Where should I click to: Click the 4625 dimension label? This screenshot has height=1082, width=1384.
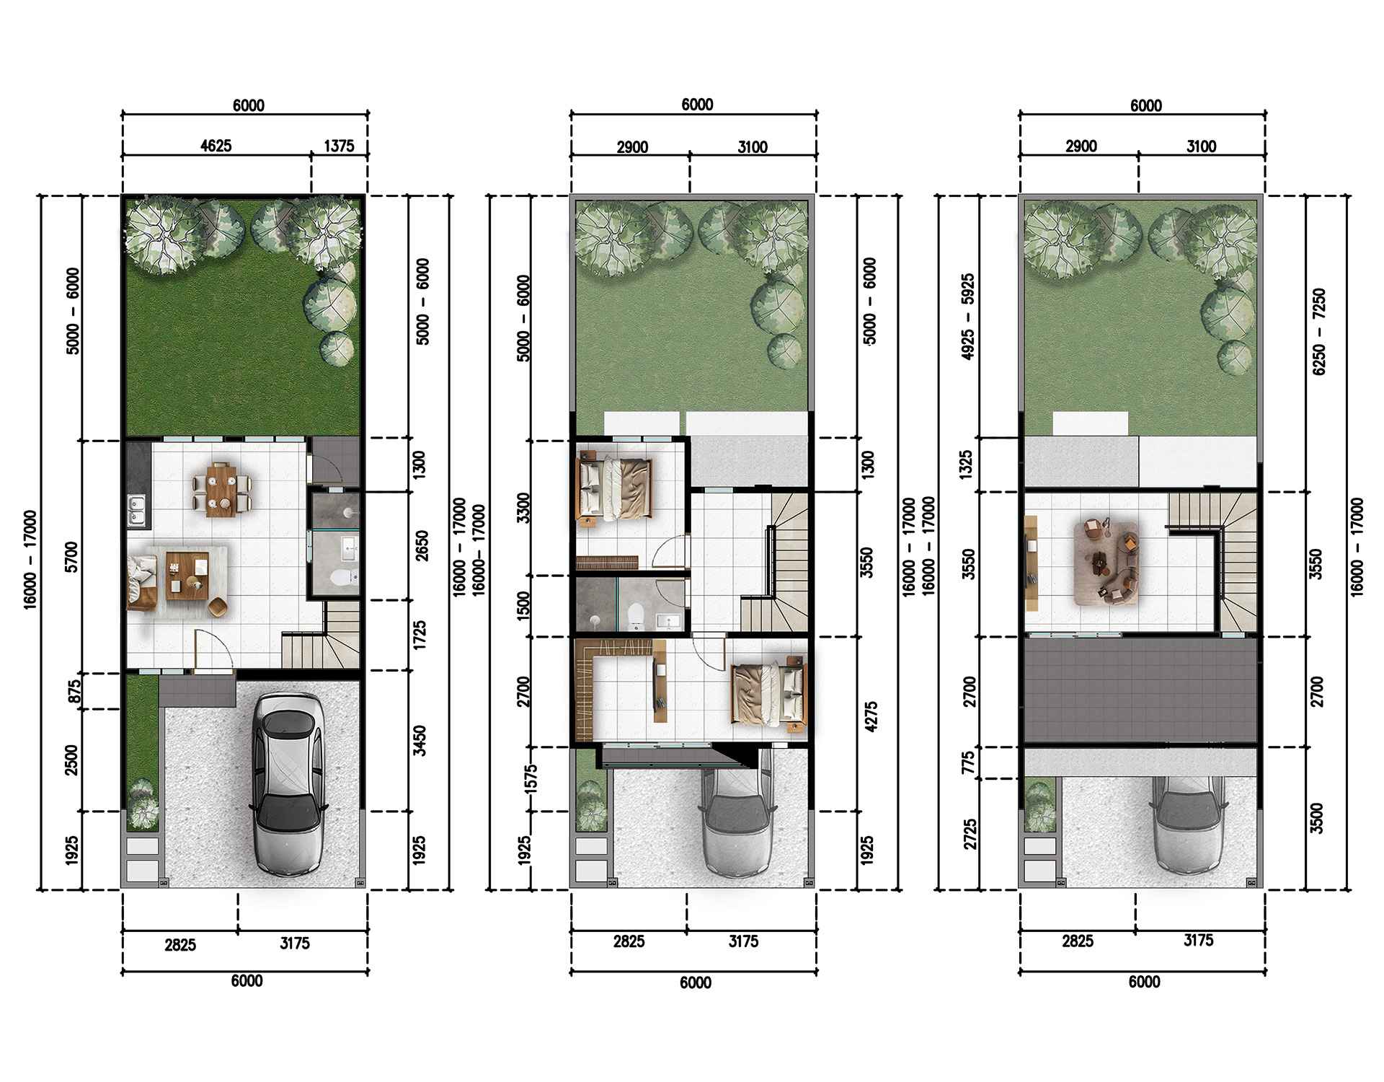coord(216,146)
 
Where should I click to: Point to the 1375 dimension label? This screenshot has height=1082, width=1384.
coord(339,146)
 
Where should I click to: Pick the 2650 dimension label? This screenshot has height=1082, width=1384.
coord(421,546)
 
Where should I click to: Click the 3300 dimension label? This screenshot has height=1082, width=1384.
coord(524,509)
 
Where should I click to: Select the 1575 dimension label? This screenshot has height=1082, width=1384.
coord(532,780)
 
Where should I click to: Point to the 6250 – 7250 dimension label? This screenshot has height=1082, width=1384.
coord(1318,331)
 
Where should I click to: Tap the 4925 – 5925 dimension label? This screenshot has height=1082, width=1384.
coord(968,317)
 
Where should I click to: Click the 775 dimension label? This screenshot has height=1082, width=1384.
coord(969,763)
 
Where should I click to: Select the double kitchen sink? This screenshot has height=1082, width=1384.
coord(136,510)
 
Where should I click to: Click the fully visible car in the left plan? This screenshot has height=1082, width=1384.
coord(287,786)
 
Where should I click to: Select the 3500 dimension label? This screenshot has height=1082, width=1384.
coord(1318,817)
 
